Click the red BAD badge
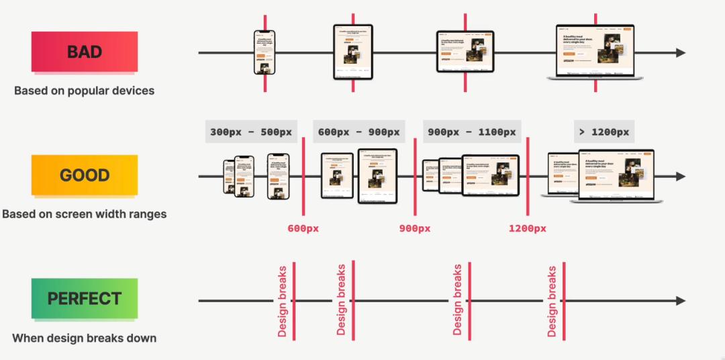[85, 52]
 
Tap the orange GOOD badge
[85, 175]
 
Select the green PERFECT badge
[85, 299]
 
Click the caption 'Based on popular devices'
[85, 91]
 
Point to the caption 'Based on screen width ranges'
[85, 214]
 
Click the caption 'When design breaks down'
[85, 338]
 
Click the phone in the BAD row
[264, 52]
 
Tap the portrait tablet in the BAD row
[353, 52]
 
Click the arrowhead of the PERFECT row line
[681, 301]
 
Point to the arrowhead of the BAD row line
[681, 53]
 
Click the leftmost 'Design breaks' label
[283, 301]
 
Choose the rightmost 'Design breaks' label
[552, 301]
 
